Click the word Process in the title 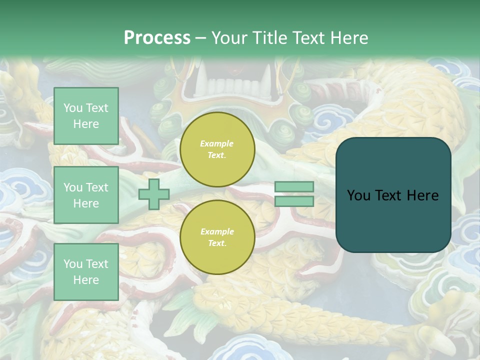(x=157, y=37)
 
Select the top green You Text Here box (x=86, y=116)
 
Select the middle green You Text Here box (x=86, y=195)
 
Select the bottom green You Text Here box (x=86, y=272)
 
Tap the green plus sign (x=154, y=194)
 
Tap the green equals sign (x=294, y=194)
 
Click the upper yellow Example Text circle (x=217, y=149)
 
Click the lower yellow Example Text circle (x=217, y=237)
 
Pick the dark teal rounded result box (x=393, y=195)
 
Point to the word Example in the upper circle (x=217, y=143)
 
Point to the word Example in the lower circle (x=217, y=231)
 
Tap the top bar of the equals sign (x=294, y=187)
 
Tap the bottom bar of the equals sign (x=294, y=201)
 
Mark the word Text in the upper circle (x=216, y=155)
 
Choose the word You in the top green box (x=73, y=108)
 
